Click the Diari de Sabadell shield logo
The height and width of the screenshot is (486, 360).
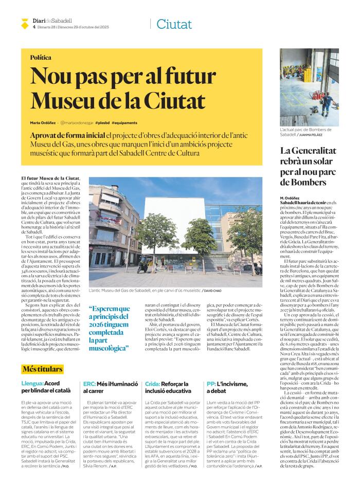tap(24, 23)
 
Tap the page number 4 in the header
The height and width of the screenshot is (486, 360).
tap(34, 28)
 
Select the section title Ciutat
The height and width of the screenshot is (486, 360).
tap(174, 24)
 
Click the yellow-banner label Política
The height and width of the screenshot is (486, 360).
tap(41, 58)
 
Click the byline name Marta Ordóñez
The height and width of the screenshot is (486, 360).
tap(43, 123)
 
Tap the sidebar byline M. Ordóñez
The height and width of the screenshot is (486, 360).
tap(290, 198)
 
